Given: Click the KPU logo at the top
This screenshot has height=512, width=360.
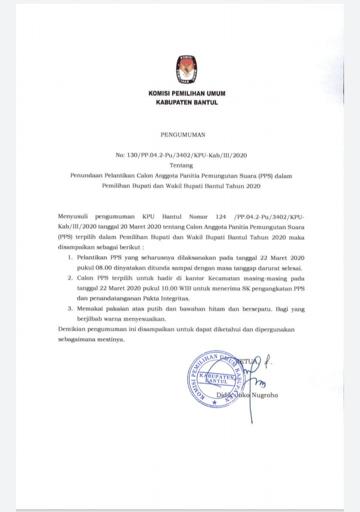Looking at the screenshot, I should pyautogui.click(x=186, y=70).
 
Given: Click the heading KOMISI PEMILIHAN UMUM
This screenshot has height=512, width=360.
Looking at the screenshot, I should pyautogui.click(x=186, y=94).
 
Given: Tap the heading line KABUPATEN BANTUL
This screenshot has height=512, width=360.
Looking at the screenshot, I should pyautogui.click(x=186, y=103).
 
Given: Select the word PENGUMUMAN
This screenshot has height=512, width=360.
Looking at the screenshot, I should pyautogui.click(x=182, y=135).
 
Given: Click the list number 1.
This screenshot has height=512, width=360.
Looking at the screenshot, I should pyautogui.click(x=70, y=257).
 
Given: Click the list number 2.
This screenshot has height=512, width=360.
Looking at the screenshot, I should pyautogui.click(x=70, y=277).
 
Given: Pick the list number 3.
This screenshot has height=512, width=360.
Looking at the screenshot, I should pyautogui.click(x=70, y=309).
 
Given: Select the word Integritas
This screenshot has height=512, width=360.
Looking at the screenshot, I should pyautogui.click(x=156, y=298).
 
